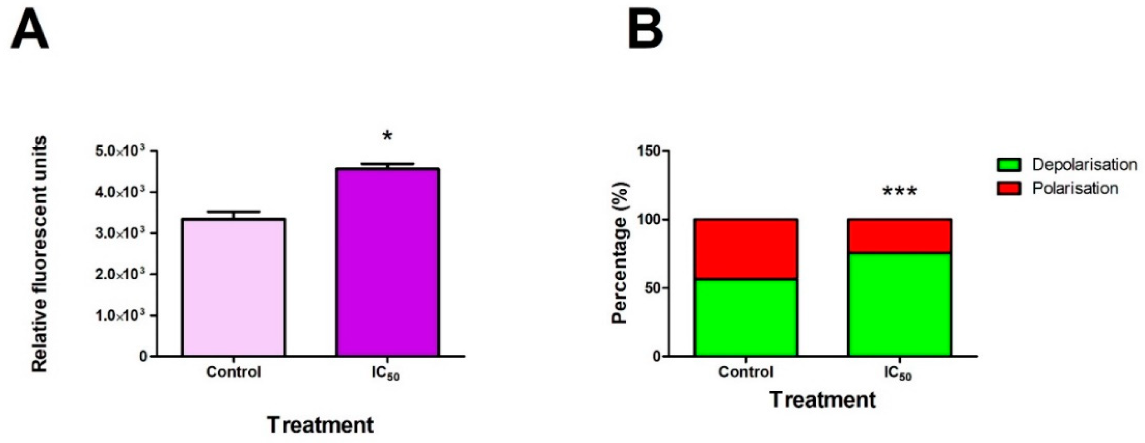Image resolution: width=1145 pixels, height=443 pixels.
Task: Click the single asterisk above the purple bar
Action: click(387, 136)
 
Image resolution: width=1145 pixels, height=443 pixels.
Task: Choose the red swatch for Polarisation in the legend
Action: click(1009, 189)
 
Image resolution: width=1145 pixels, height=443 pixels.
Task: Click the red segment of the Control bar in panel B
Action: click(746, 249)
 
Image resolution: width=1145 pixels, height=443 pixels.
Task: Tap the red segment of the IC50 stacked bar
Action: click(899, 236)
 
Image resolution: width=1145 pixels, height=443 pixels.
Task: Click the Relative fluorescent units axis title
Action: click(39, 254)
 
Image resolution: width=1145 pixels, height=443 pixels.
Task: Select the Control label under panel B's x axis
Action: click(745, 372)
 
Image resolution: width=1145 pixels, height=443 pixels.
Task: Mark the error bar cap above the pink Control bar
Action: click(233, 212)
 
